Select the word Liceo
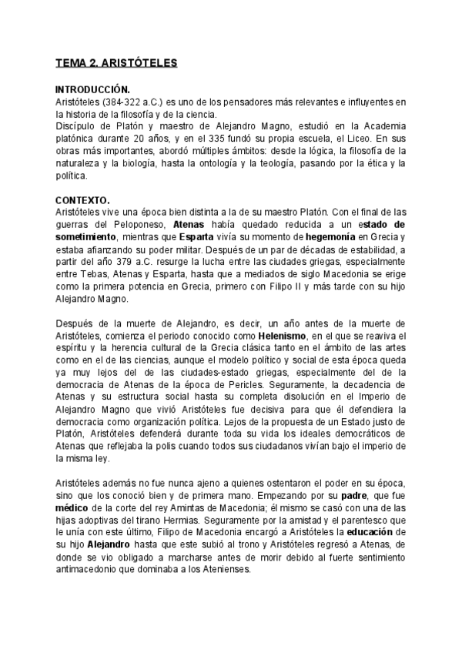pos(358,139)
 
